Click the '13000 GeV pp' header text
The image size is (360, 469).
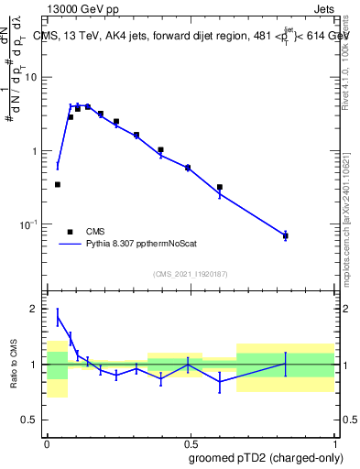(80, 8)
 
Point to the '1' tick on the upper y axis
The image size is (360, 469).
(38, 150)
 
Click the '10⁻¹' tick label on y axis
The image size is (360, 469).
(32, 224)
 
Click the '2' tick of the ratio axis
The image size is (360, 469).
(38, 309)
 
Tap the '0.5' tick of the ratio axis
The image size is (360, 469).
(33, 420)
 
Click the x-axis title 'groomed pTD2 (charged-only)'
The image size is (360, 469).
(267, 457)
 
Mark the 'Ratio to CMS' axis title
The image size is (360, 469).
(12, 364)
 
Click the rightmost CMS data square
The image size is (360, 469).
(286, 236)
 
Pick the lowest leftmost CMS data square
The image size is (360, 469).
(58, 184)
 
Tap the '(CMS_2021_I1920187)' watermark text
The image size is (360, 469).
(191, 273)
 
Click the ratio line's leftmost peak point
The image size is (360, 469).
(58, 317)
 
